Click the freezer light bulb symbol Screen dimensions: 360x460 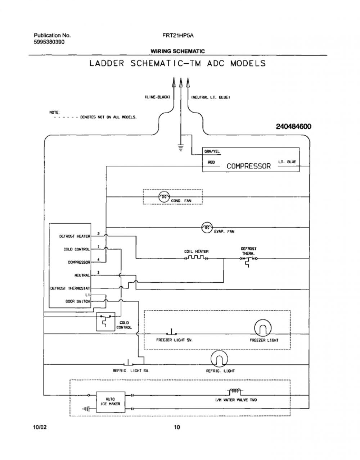click(x=262, y=328)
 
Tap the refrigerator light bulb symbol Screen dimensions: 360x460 click(x=219, y=358)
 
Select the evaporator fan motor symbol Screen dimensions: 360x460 click(x=207, y=228)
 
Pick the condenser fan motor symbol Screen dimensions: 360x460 click(x=164, y=197)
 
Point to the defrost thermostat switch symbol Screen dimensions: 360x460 click(x=248, y=261)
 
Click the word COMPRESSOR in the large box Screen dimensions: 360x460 click(x=249, y=166)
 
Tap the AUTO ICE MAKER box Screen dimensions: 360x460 click(x=111, y=402)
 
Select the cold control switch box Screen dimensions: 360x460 click(x=105, y=321)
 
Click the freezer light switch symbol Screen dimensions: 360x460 click(x=171, y=332)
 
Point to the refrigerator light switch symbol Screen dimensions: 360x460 click(x=128, y=363)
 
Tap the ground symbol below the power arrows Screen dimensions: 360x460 click(x=180, y=148)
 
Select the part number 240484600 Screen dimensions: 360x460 click(x=294, y=126)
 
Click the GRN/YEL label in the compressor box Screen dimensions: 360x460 click(x=212, y=151)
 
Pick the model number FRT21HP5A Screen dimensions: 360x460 click(x=178, y=36)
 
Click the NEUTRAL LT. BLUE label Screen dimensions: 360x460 click(x=211, y=97)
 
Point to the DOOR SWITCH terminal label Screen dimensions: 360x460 click(x=78, y=301)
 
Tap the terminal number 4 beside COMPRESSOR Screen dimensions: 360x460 click(x=98, y=260)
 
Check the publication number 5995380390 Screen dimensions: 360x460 click(x=49, y=42)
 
